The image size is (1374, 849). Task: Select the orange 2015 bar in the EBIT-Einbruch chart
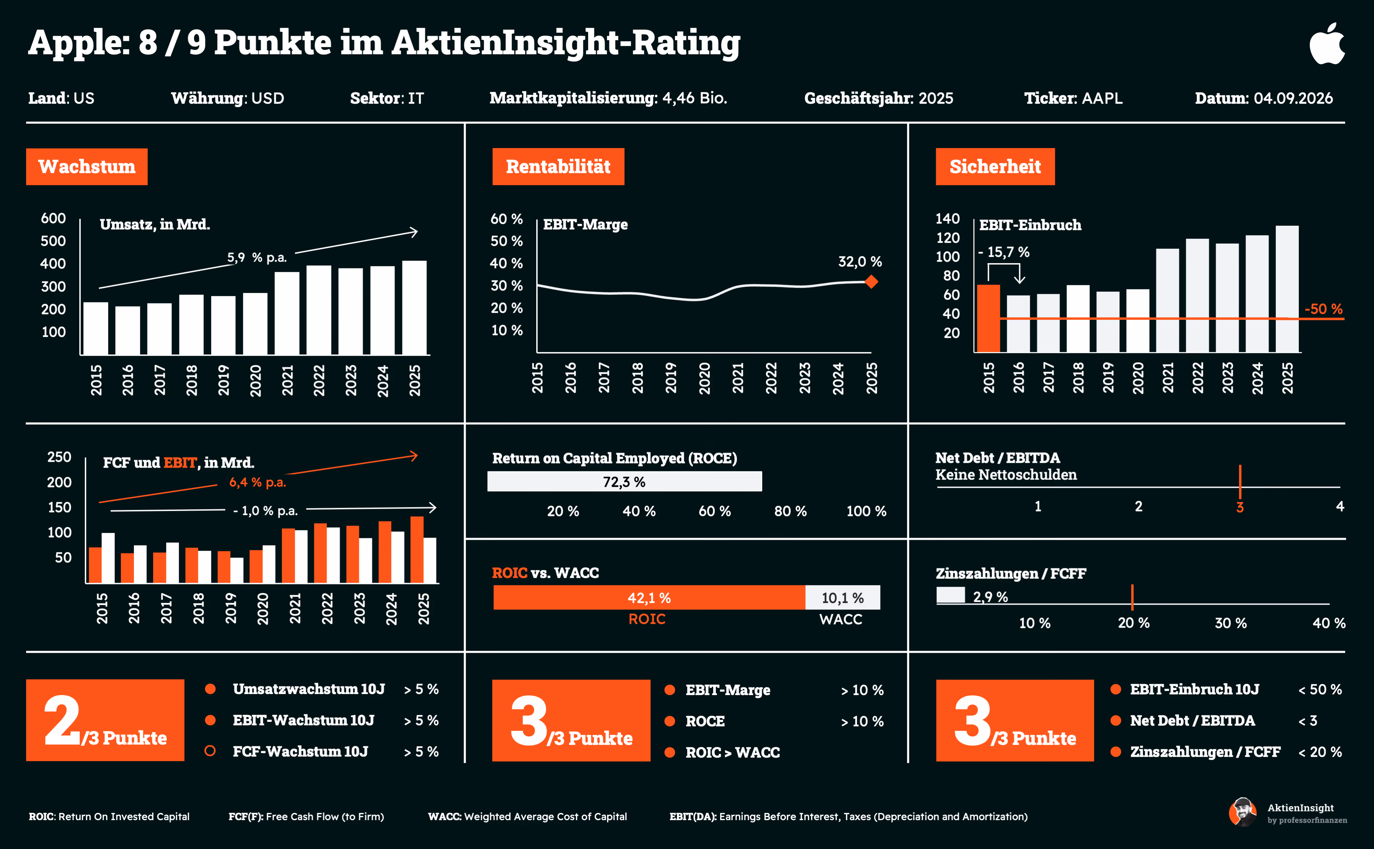(x=988, y=319)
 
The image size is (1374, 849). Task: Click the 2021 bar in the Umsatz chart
(x=287, y=313)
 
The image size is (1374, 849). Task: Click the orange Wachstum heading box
(x=87, y=167)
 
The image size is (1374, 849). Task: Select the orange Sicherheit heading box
(x=995, y=167)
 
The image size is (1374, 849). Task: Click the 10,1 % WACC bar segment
(x=843, y=597)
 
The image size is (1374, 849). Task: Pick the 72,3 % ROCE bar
(x=625, y=482)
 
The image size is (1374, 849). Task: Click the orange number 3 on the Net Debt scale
(x=1240, y=507)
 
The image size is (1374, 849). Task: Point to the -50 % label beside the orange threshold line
(x=1324, y=309)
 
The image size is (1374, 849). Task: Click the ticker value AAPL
(x=1102, y=98)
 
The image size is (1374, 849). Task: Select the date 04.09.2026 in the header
(x=1293, y=98)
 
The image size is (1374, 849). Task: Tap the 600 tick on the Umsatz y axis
(x=53, y=219)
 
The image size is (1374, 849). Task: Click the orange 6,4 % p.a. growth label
(x=258, y=482)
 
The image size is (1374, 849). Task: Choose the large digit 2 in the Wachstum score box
(x=62, y=720)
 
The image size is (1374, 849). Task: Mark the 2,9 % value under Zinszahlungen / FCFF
(x=990, y=597)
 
